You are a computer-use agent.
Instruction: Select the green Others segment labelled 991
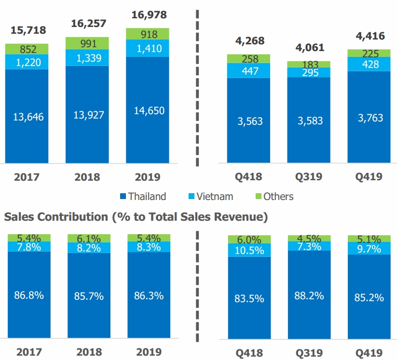coord(87,43)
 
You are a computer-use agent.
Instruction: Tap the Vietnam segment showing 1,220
coord(27,62)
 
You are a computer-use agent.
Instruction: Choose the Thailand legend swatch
coord(123,197)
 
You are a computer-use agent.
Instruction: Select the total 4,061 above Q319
coord(309,47)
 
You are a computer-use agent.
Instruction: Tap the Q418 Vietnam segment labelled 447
coord(249,71)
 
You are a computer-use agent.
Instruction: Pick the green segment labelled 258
coord(249,59)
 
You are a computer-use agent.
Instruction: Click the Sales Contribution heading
coord(135,217)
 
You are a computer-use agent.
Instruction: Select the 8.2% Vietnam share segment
coord(87,248)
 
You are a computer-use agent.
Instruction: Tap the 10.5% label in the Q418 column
coord(249,250)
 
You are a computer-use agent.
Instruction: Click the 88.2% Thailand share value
coord(309,295)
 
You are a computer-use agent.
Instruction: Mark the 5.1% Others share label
coord(369,238)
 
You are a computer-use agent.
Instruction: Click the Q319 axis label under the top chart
coord(309,177)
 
